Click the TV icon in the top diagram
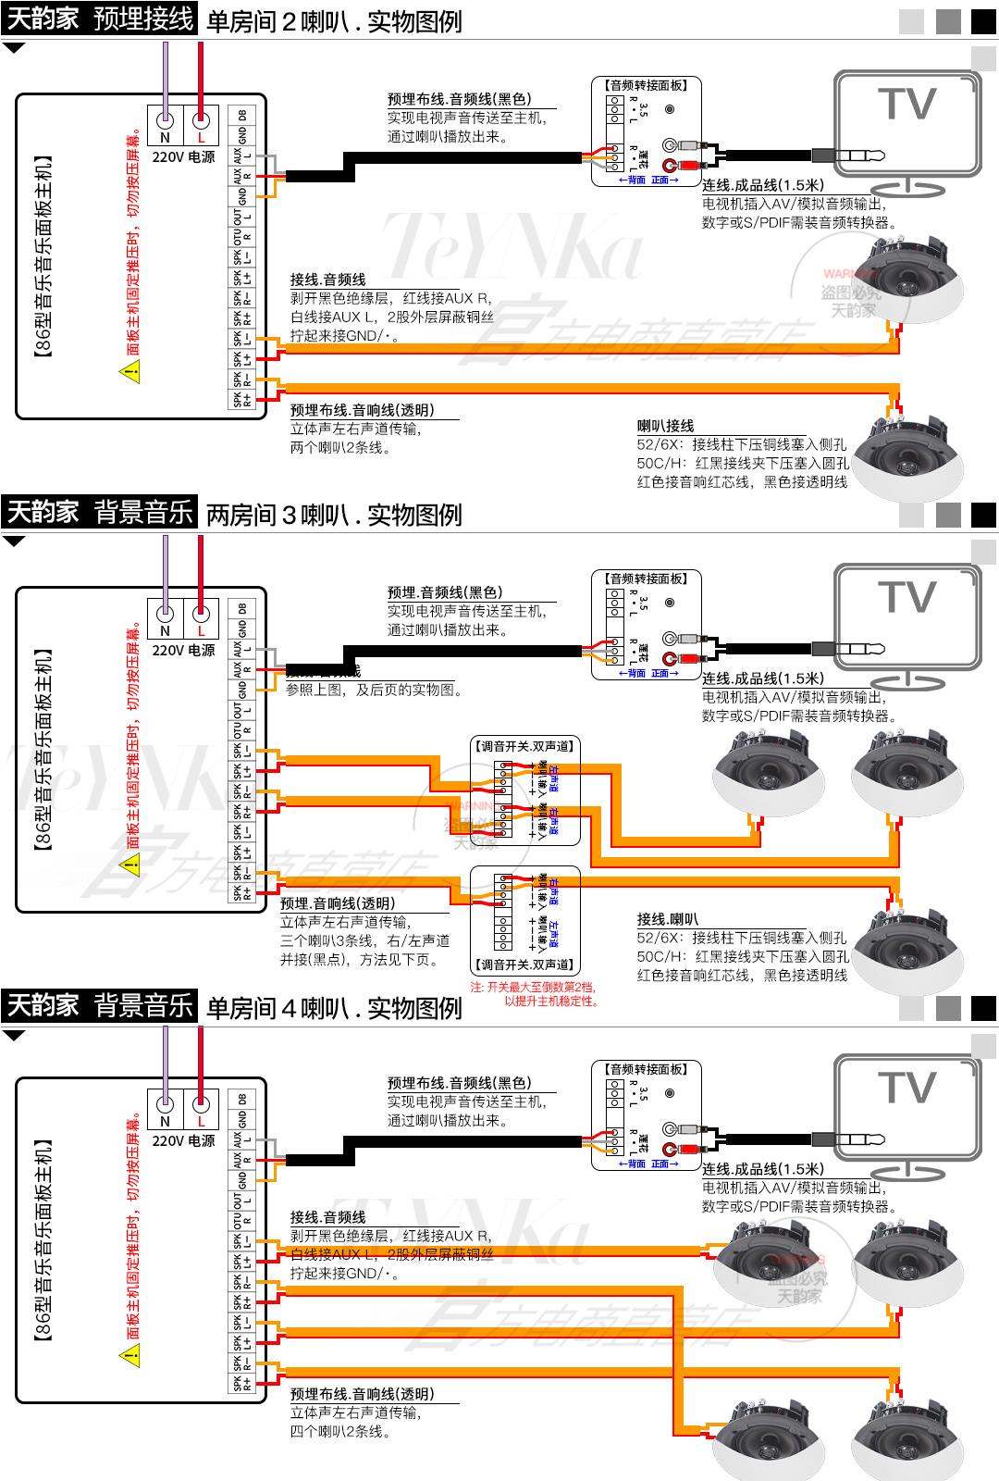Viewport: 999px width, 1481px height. (907, 125)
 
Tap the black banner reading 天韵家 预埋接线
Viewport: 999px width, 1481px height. (99, 18)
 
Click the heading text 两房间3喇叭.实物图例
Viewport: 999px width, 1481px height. (334, 515)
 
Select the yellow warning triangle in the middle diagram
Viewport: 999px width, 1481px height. (130, 865)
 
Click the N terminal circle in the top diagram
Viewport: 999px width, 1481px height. (166, 119)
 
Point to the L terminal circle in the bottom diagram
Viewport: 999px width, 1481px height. (201, 1103)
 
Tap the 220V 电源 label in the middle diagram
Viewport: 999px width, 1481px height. (183, 651)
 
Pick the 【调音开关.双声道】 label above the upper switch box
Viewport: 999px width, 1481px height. (524, 746)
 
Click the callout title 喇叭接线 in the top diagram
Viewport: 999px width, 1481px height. (665, 426)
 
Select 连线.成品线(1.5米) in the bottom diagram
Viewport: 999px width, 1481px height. (762, 1169)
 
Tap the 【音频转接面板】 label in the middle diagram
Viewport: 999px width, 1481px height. (647, 579)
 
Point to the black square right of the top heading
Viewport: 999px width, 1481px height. (983, 21)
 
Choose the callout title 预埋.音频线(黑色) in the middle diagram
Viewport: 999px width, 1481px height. (445, 592)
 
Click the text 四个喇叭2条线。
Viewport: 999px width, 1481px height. (340, 1431)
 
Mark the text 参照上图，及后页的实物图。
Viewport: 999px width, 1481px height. (374, 690)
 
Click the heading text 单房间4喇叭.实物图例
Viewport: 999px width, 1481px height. (334, 1008)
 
